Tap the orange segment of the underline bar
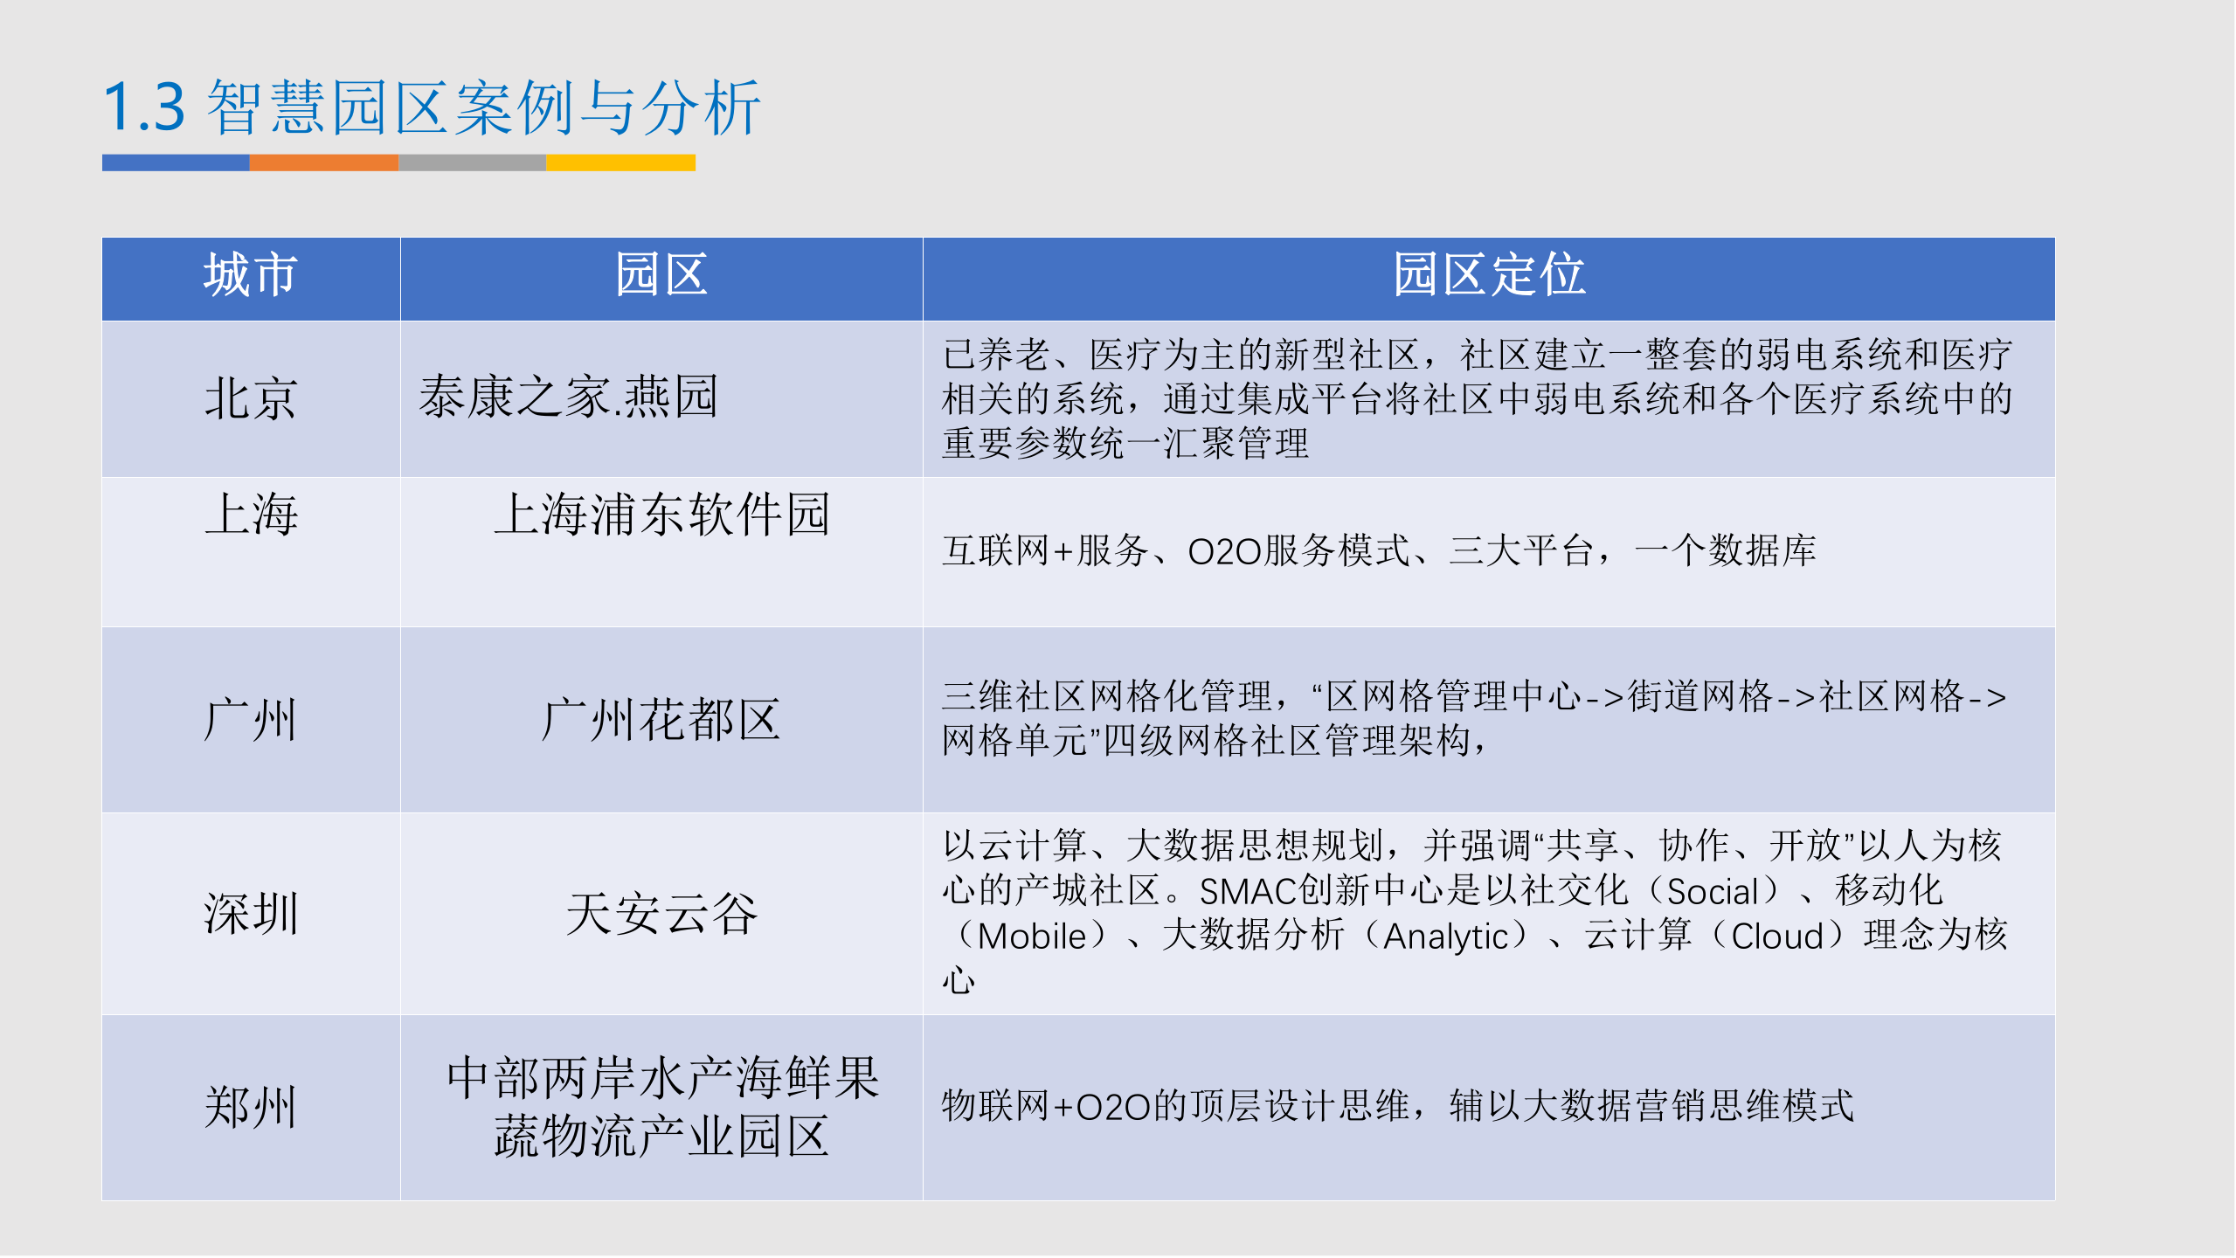[323, 162]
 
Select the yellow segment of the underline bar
[620, 162]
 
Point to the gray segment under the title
[472, 162]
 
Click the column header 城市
[251, 275]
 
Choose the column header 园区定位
[1488, 275]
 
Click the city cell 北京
[251, 398]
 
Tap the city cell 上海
[251, 514]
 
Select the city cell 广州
[251, 720]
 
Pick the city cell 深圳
[251, 914]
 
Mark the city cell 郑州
[251, 1107]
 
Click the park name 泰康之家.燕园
[568, 397]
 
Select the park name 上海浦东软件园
[661, 514]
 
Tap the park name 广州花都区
[661, 720]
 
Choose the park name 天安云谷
[661, 914]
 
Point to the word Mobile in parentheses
[1031, 937]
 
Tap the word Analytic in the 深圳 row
[1445, 937]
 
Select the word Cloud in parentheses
[1776, 937]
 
